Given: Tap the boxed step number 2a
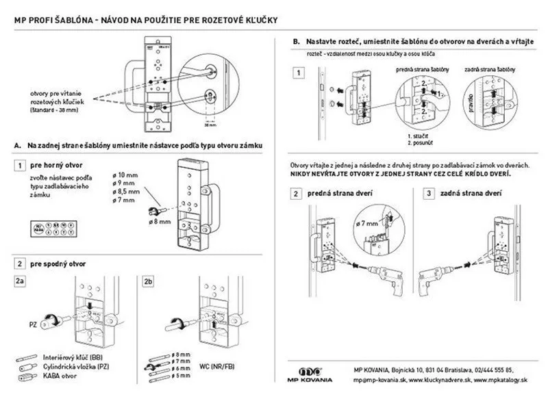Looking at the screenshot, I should coord(21,281).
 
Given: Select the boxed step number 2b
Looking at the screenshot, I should coord(149,281).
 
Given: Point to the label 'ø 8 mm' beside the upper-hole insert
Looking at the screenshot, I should coord(160,222).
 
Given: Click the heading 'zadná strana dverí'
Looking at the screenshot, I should coord(469,194).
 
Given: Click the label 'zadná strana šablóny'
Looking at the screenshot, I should coord(487,70).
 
